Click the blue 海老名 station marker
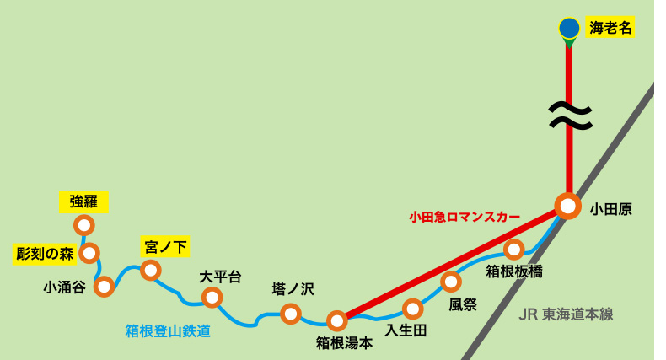click(569, 28)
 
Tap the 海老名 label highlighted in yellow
click(610, 28)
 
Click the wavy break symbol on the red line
click(569, 116)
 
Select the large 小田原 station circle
click(568, 206)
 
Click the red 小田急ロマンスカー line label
click(465, 217)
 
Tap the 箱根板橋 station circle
click(514, 250)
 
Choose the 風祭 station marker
click(452, 282)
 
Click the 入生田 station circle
click(412, 309)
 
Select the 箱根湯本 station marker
click(337, 320)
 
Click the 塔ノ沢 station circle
click(291, 314)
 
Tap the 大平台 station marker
click(212, 297)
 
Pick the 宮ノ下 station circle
click(151, 270)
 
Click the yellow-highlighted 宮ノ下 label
click(165, 247)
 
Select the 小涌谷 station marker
click(105, 287)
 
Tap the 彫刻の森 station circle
click(89, 253)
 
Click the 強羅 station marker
click(84, 225)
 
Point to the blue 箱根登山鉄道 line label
click(168, 330)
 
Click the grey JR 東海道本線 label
click(566, 314)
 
